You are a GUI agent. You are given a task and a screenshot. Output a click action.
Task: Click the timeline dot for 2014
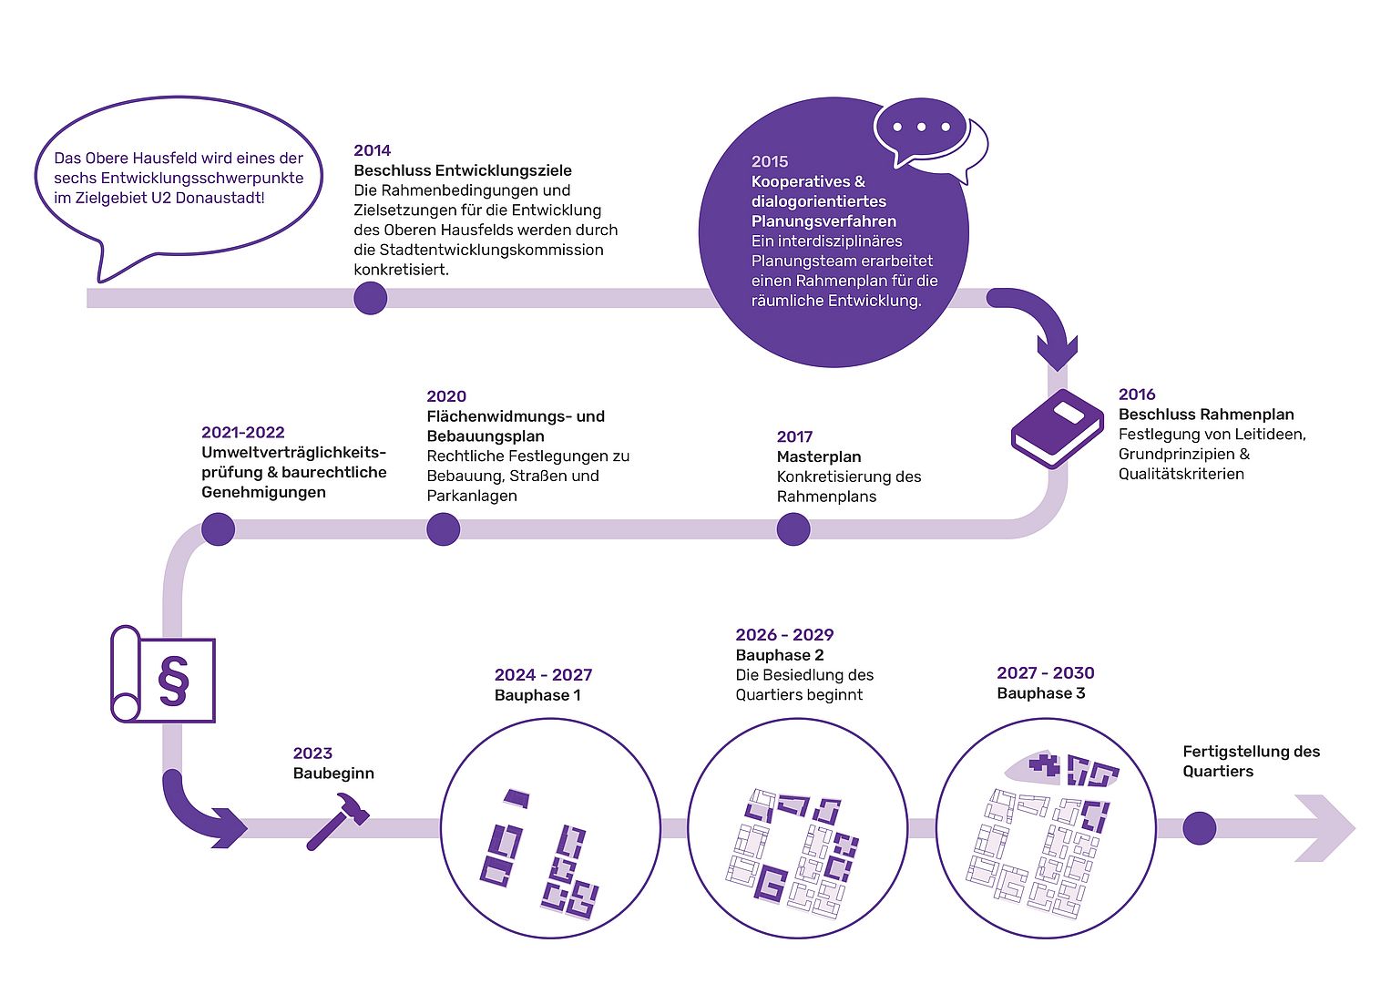coord(370,298)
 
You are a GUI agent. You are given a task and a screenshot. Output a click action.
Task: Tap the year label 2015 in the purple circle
coord(770,161)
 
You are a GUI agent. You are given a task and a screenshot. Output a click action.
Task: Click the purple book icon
coord(1057,427)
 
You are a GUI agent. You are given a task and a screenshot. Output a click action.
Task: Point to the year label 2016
coord(1137,395)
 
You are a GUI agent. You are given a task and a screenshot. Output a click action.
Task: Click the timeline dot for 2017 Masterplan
coord(793,529)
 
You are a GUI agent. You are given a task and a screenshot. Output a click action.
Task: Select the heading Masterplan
coord(819,456)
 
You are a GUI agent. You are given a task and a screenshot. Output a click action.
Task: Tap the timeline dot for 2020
coord(443,529)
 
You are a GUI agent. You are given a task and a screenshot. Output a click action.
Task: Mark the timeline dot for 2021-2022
coord(219,529)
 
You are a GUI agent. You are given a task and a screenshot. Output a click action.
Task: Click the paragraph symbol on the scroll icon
coord(173,680)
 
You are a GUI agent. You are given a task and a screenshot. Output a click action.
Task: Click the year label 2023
coord(312,753)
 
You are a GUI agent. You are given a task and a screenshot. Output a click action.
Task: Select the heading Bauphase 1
coord(537,695)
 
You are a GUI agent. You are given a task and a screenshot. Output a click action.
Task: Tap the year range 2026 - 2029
coord(784,635)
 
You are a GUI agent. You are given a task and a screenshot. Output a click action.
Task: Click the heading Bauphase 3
coord(1041,693)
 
